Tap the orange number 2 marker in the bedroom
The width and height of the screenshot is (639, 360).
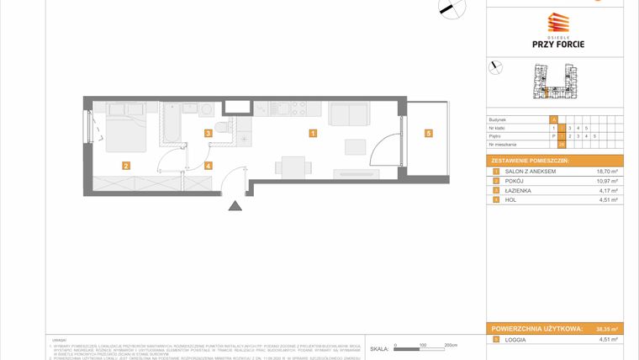tap(124, 166)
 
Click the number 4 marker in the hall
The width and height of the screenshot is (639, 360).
tap(208, 166)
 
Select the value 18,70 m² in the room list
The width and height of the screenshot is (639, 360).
tap(606, 171)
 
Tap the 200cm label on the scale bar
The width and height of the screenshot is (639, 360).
tap(450, 346)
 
